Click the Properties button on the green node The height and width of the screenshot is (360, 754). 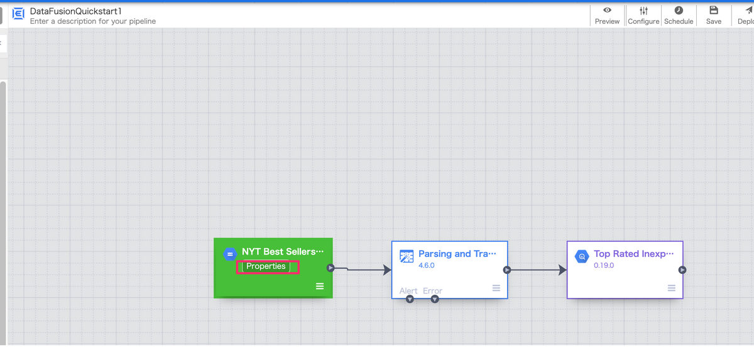(x=266, y=266)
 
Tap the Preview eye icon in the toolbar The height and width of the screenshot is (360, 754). (x=607, y=10)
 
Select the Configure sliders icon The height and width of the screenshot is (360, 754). (x=643, y=11)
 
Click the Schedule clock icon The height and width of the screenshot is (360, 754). (x=679, y=11)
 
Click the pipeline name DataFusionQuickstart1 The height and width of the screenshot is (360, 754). (x=76, y=11)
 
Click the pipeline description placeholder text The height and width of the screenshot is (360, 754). (x=93, y=21)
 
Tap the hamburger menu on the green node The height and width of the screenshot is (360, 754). (x=320, y=286)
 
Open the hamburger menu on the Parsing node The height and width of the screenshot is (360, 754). (x=496, y=288)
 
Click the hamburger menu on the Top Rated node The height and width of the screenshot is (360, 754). (x=672, y=288)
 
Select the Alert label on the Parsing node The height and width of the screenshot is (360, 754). (x=408, y=291)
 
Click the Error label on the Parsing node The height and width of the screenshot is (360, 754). (x=432, y=291)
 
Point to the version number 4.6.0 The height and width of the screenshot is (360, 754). (x=427, y=266)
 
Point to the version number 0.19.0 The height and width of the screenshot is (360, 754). (x=604, y=266)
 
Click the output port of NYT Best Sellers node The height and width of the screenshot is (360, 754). (x=331, y=268)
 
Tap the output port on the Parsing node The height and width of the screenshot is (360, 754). (x=507, y=270)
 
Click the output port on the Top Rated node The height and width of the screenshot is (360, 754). (x=682, y=270)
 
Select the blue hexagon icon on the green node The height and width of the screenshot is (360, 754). (x=230, y=254)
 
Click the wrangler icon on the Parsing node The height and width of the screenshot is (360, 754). (x=407, y=256)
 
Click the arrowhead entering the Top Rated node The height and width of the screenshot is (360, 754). (x=562, y=270)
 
